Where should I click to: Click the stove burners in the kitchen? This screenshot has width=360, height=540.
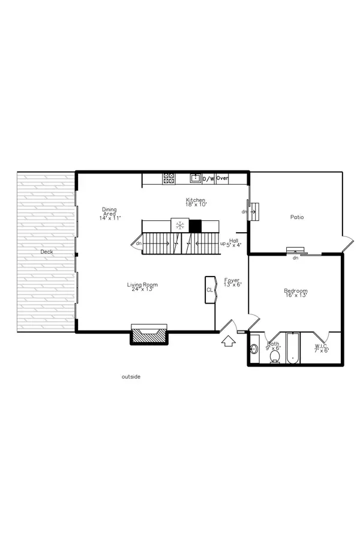(x=169, y=178)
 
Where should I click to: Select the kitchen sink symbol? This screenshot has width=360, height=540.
(x=195, y=178)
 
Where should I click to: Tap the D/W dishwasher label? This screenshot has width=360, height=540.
(x=208, y=179)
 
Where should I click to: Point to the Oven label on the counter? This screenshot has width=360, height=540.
(x=223, y=178)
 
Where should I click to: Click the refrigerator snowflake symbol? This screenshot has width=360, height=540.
(x=179, y=226)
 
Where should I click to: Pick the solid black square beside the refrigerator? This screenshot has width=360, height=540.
(x=195, y=226)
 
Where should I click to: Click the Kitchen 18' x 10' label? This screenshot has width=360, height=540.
(x=196, y=203)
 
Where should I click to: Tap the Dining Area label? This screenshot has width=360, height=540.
(x=110, y=214)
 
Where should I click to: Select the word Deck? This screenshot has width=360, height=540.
(x=47, y=252)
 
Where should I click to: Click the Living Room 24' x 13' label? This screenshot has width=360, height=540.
(x=142, y=287)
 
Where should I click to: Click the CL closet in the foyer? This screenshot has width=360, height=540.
(x=210, y=290)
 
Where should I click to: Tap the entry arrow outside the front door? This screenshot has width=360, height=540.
(x=228, y=342)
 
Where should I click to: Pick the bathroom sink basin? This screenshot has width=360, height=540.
(x=254, y=349)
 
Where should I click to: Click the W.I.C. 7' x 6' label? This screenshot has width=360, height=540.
(x=322, y=349)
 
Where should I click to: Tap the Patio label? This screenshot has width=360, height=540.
(x=296, y=217)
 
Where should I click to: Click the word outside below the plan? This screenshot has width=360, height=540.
(x=131, y=377)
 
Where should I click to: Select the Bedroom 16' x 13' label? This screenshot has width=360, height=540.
(x=295, y=294)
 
